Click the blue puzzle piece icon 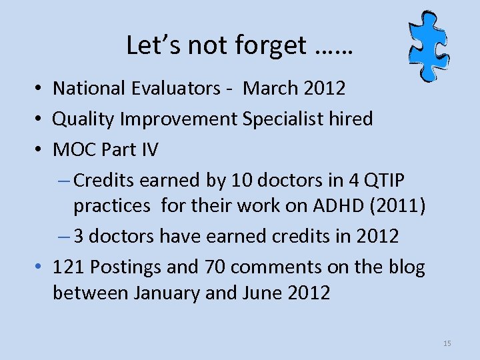coord(428,45)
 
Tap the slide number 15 coord(447,343)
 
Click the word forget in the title coord(271,45)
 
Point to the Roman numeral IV coord(148,149)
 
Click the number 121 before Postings coord(68,267)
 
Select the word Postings coord(122,267)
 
